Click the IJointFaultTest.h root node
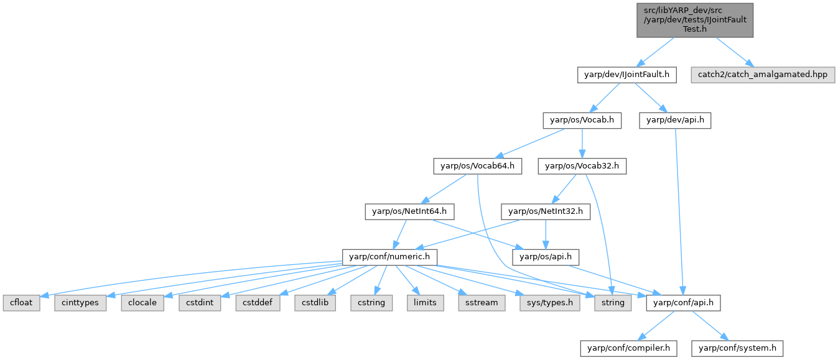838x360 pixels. tap(695, 20)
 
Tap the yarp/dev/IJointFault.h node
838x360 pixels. tap(626, 75)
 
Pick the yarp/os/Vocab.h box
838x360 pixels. tap(582, 120)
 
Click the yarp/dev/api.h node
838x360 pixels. tap(675, 120)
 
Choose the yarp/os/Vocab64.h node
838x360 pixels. tap(477, 166)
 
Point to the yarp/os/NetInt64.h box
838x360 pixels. tap(409, 211)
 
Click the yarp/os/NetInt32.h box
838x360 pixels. tap(546, 211)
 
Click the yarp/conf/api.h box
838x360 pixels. tap(684, 303)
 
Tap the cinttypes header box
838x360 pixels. tap(80, 303)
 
